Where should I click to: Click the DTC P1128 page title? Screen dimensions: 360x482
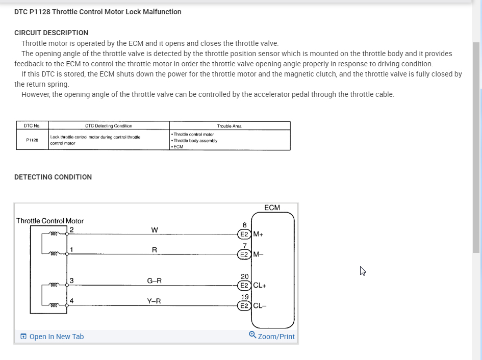98,12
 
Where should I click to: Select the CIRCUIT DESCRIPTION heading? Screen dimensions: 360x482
51,33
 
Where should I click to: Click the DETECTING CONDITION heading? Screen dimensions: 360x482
53,177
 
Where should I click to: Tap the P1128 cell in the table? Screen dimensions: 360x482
32,139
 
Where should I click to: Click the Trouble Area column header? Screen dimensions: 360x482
230,126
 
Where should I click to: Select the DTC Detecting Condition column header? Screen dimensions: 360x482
108,126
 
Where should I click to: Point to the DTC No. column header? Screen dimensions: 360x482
32,126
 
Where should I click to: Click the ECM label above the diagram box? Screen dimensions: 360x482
272,208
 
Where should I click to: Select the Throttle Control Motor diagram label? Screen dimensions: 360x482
50,221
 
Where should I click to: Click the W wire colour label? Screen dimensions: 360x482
155,230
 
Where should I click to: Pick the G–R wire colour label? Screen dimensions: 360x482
155,280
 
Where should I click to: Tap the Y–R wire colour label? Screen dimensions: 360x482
154,301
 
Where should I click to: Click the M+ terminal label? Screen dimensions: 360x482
258,235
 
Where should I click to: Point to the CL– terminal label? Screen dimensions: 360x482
260,306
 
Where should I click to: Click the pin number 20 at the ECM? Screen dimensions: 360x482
245,276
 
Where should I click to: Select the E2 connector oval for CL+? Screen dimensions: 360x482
244,286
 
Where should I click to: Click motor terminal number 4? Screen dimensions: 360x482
72,301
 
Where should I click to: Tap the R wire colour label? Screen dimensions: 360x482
154,250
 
